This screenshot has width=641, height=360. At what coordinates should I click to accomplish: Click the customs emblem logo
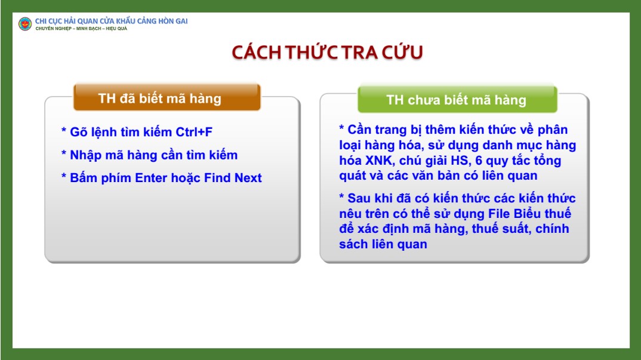25,24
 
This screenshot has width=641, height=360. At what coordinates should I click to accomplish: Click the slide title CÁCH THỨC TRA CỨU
327,53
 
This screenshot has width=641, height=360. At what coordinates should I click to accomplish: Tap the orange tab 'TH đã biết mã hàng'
167,97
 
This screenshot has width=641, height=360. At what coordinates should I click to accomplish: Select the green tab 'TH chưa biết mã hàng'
457,99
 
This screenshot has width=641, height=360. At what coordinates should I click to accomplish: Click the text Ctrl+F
194,132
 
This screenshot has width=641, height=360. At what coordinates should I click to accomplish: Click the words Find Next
233,178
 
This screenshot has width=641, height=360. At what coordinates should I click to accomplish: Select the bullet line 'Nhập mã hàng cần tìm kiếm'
150,155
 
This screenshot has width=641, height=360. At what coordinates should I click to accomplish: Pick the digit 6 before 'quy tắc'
479,161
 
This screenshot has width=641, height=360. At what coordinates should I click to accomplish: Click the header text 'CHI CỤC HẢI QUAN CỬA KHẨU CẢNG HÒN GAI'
111,21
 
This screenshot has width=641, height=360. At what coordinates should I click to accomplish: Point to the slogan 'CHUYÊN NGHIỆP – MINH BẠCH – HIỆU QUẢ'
81,29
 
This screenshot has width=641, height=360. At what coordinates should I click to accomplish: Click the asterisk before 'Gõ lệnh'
64,131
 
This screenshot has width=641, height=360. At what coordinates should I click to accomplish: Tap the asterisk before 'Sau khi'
341,197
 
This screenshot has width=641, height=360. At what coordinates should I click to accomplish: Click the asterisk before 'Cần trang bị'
341,128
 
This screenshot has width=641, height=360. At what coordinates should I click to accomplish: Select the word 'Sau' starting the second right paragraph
359,198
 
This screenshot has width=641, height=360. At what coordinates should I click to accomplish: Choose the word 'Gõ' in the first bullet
79,132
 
